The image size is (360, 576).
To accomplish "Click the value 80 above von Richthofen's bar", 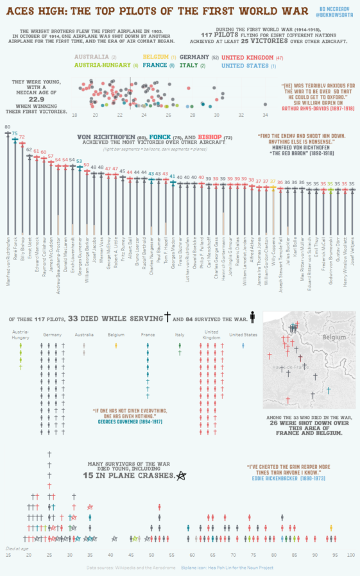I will pyautogui.click(x=7, y=128).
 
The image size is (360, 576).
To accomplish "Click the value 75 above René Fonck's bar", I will pyautogui.click(x=15, y=133).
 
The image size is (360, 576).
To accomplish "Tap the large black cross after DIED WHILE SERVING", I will pyautogui.click(x=168, y=317).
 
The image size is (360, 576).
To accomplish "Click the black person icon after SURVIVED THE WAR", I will pyautogui.click(x=253, y=317).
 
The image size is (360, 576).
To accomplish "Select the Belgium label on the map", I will pyautogui.click(x=334, y=337).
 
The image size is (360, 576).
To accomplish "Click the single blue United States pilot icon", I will pyautogui.click(x=243, y=346).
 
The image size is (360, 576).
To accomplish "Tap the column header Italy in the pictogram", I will pyautogui.click(x=180, y=335).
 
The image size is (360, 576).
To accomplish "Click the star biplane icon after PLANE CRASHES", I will pyautogui.click(x=182, y=475).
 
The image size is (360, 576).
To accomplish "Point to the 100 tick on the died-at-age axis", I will pyautogui.click(x=350, y=555).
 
